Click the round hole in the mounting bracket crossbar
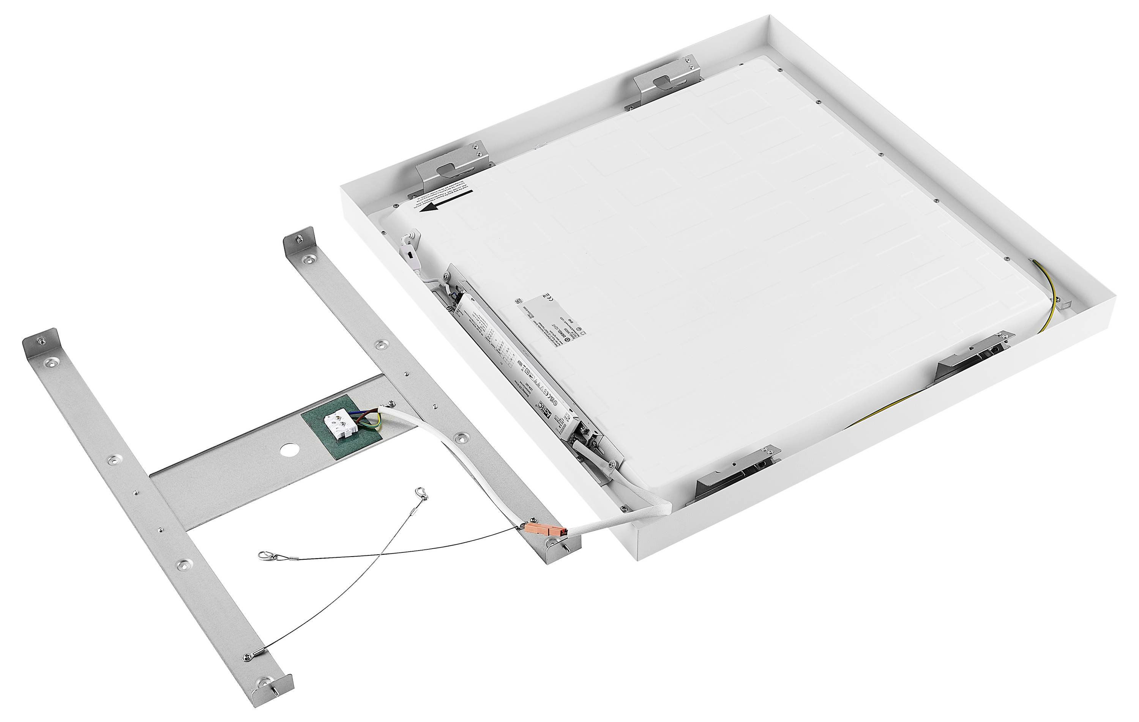click(287, 450)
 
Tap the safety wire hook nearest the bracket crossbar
click(421, 494)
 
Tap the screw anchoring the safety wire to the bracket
click(248, 657)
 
